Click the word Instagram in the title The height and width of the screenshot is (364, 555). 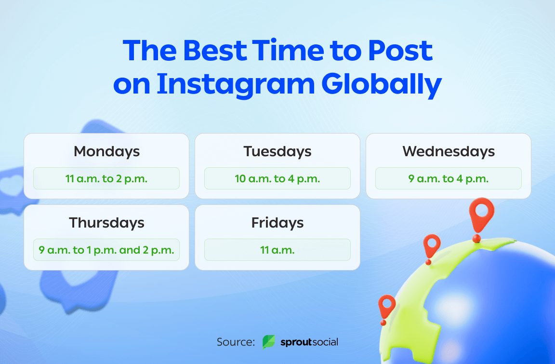coord(236,84)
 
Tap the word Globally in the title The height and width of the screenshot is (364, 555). coord(381,84)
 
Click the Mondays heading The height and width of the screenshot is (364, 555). coord(106,151)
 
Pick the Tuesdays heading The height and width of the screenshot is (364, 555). coord(277,151)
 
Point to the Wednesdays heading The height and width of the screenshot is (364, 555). coord(449,151)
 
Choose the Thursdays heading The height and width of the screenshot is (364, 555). coord(106,223)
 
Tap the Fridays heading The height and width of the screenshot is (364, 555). coord(277,223)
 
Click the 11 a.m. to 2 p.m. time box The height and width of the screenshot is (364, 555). coord(106,178)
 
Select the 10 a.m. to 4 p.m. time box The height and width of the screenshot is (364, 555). coord(277,178)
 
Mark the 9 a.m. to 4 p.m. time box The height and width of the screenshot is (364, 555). coord(449,178)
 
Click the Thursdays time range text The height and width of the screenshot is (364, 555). coord(106,250)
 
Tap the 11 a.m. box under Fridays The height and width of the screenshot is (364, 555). coord(277,250)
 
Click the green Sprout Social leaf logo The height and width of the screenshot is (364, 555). coord(268,342)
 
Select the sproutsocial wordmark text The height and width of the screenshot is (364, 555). coord(309,342)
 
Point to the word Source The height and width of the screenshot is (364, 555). coord(236,342)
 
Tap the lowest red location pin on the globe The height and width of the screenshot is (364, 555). coord(386,306)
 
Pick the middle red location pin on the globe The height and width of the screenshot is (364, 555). coord(432,245)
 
